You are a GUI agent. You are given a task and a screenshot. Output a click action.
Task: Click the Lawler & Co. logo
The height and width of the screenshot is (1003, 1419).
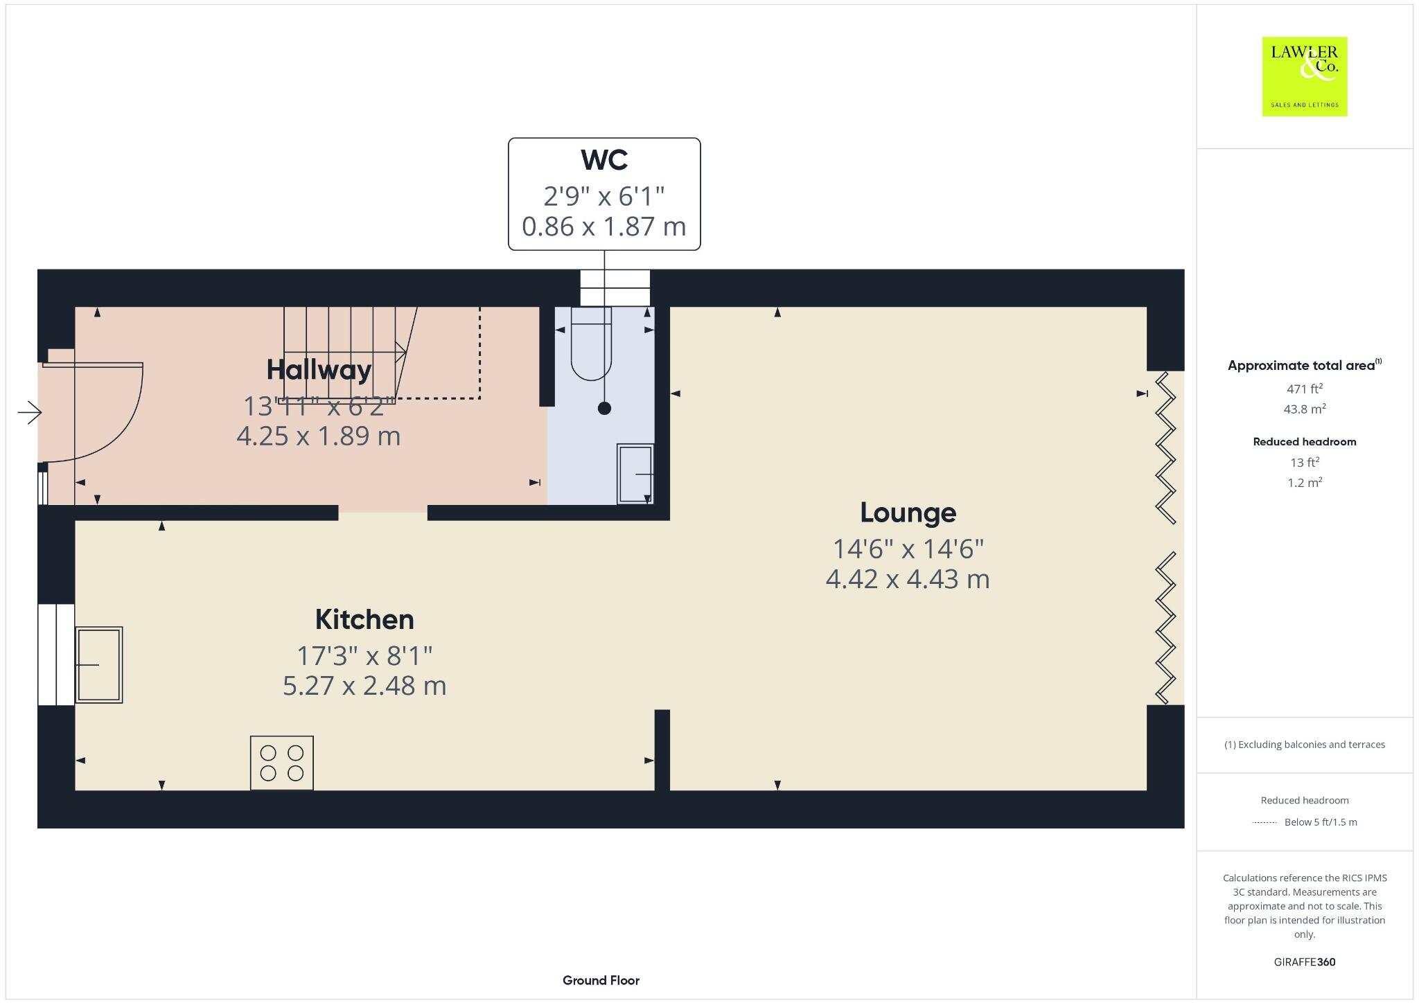pyautogui.click(x=1304, y=76)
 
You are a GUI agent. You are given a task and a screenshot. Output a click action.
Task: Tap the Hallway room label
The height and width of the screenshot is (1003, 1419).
pyautogui.click(x=319, y=369)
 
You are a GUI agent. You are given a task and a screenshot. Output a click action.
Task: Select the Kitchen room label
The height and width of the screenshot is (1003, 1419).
pyautogui.click(x=364, y=619)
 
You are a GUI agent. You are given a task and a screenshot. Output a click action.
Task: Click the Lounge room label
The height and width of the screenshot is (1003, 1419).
pyautogui.click(x=908, y=513)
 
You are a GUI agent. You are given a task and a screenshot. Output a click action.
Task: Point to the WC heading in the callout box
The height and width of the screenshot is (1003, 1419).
pyautogui.click(x=604, y=160)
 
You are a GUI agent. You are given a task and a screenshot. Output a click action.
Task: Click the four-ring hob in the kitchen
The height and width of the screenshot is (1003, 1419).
pyautogui.click(x=281, y=763)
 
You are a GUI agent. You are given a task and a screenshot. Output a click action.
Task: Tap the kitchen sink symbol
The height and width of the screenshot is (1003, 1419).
pyautogui.click(x=98, y=665)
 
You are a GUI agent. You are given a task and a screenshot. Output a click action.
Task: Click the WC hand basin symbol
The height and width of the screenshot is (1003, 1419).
pyautogui.click(x=635, y=474)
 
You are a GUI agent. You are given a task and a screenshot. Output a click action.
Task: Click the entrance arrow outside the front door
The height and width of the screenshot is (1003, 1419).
pyautogui.click(x=30, y=414)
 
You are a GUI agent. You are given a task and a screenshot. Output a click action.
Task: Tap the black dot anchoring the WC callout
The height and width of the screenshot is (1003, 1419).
pyautogui.click(x=604, y=409)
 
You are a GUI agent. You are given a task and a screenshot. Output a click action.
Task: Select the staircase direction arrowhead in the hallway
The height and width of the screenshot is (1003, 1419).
pyautogui.click(x=401, y=352)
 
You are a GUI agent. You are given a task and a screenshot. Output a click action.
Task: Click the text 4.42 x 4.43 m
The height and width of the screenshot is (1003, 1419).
pyautogui.click(x=908, y=579)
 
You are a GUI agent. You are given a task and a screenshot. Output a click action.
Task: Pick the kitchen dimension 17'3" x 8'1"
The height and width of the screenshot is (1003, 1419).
pyautogui.click(x=364, y=655)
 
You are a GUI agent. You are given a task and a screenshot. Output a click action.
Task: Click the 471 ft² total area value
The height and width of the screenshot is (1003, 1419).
pyautogui.click(x=1304, y=389)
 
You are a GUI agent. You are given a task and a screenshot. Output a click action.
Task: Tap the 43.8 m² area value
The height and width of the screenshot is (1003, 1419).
pyautogui.click(x=1304, y=409)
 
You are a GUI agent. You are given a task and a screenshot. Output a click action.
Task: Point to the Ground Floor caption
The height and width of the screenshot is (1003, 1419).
pyautogui.click(x=601, y=980)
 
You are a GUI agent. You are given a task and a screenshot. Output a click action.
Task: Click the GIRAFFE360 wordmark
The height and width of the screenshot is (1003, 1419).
pyautogui.click(x=1304, y=962)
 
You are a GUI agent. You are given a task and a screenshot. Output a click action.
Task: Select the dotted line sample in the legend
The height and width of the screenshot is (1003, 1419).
pyautogui.click(x=1264, y=823)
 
